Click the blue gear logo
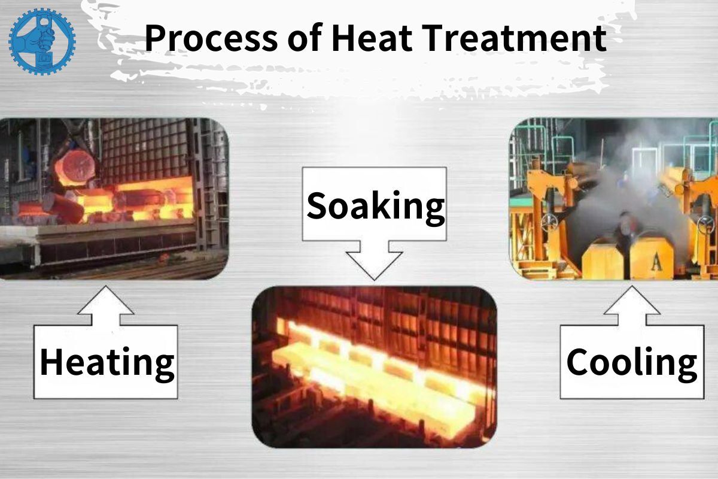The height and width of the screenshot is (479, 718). pyautogui.click(x=42, y=41)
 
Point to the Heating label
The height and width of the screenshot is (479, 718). pyautogui.click(x=107, y=362)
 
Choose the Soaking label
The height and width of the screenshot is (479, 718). pyautogui.click(x=375, y=205)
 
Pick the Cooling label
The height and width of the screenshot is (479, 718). pyautogui.click(x=632, y=362)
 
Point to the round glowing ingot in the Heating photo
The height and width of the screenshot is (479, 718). pyautogui.click(x=74, y=164)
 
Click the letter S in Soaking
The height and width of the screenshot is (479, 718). pyautogui.click(x=318, y=205)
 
